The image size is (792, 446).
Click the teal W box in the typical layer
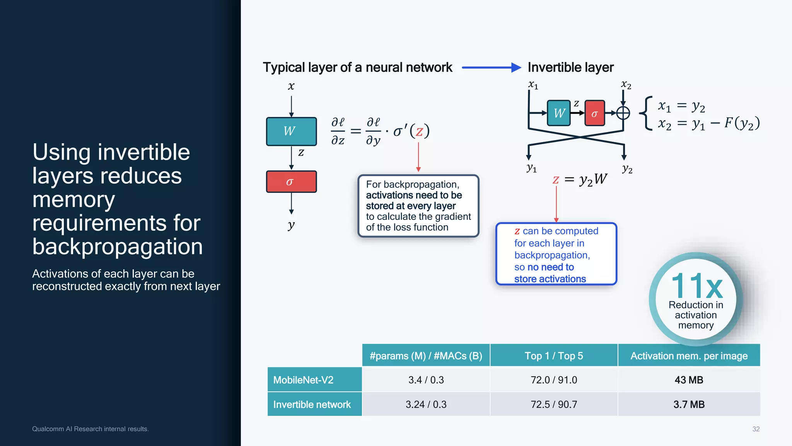tap(291, 131)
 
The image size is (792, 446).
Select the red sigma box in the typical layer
tap(291, 182)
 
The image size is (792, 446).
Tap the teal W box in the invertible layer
tap(559, 113)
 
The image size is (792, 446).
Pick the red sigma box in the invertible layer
tap(594, 113)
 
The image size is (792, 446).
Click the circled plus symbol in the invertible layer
tap(623, 113)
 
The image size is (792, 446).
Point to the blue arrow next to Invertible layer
tap(491, 68)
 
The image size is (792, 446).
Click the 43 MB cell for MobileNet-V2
tap(689, 380)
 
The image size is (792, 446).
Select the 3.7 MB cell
tap(689, 404)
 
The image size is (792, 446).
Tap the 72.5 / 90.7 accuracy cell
tap(554, 404)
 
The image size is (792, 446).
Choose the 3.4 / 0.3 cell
tap(426, 380)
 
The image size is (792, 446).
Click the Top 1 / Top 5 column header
tap(554, 356)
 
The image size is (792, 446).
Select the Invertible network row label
tap(312, 404)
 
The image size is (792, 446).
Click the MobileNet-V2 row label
tap(303, 380)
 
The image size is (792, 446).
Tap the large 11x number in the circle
tap(697, 286)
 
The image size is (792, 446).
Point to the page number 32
tap(756, 429)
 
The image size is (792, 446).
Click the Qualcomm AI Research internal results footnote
tap(90, 429)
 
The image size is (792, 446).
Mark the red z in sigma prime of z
tap(419, 132)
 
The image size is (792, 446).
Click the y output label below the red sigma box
tap(291, 225)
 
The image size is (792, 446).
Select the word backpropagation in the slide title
tap(118, 247)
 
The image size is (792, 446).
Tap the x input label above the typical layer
tap(291, 86)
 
